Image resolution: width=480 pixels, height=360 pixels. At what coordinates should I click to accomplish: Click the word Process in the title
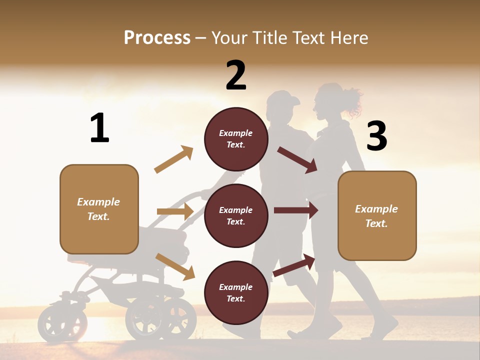coord(157,38)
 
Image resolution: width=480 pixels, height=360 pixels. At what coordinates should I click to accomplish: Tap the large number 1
coord(99,128)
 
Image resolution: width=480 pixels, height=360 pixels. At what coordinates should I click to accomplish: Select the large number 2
coord(236,75)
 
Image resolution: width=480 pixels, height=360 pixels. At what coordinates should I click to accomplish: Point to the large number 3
coord(376,136)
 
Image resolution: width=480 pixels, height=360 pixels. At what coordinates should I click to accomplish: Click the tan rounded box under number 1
coord(99,209)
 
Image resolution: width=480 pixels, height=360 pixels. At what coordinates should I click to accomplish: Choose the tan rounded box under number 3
coord(377,215)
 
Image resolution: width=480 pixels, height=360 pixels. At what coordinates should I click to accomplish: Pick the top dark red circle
coord(236,139)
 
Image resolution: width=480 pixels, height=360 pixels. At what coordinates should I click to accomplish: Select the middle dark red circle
coord(236,215)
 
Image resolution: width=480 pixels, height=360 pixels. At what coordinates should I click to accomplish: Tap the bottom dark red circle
coord(236,292)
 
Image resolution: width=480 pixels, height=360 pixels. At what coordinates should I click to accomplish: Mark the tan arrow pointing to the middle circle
coord(175,211)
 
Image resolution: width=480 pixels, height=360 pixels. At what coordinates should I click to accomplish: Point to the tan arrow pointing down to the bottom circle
coord(175,266)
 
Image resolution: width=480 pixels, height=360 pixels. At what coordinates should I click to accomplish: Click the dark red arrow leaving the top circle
coord(297,159)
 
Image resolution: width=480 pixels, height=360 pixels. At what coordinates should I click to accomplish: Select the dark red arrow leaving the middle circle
coord(295,210)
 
